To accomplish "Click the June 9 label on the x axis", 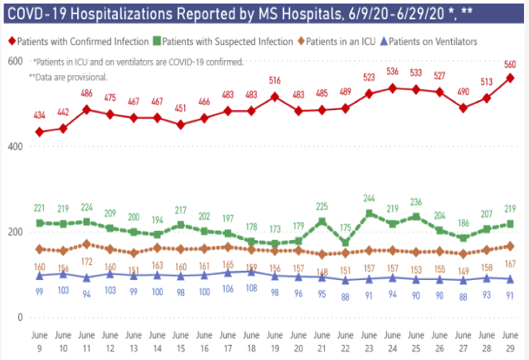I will [39, 341].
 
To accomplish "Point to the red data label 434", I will [40, 116].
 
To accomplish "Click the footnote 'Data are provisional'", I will [68, 76].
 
